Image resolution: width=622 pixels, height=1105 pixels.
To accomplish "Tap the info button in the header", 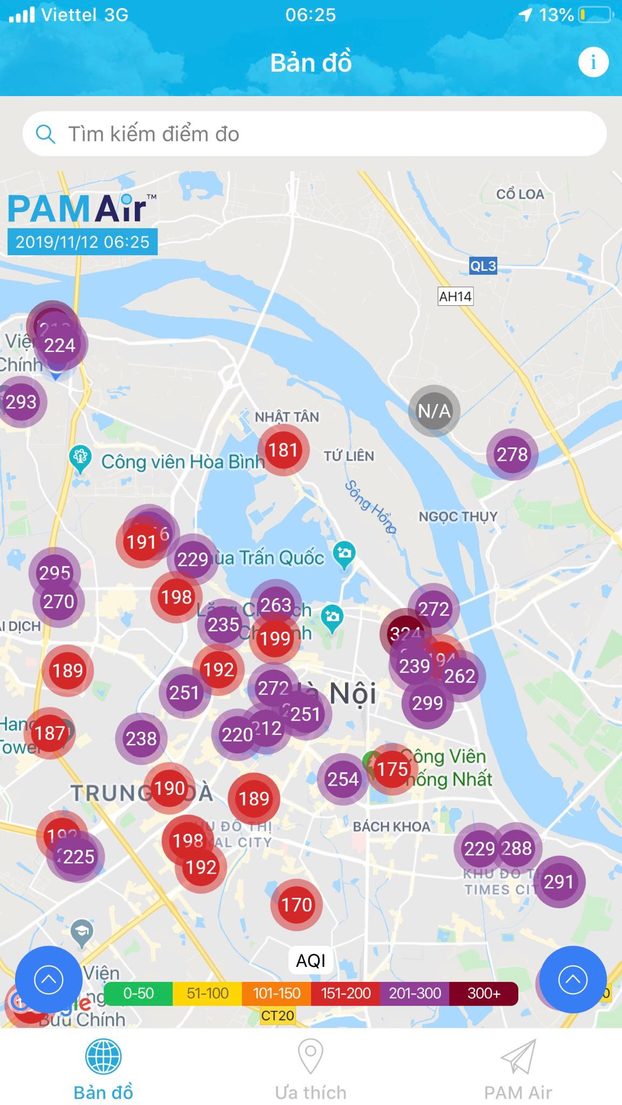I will (x=593, y=62).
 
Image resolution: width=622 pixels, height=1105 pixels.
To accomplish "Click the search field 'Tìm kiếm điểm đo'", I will (x=314, y=134).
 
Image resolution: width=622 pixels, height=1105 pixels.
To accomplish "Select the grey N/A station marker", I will (x=434, y=411).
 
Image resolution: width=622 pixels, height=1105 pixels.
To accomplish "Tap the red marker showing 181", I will (x=283, y=450).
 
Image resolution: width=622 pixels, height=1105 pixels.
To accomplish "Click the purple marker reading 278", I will (x=512, y=454).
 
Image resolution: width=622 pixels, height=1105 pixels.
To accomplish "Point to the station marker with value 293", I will (x=22, y=402).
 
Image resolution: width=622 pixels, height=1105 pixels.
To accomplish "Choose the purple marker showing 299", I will (x=428, y=703).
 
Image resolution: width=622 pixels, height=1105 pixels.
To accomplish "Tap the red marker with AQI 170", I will (x=296, y=905).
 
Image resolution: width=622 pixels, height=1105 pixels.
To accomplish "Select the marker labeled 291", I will (x=558, y=882).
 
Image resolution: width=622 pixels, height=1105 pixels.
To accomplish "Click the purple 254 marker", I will (x=343, y=779).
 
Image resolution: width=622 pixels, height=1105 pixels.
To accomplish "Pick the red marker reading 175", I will (x=393, y=769).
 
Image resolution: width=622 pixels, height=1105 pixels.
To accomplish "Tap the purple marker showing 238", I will (x=141, y=738).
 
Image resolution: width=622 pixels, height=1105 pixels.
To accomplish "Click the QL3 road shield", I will (x=483, y=266).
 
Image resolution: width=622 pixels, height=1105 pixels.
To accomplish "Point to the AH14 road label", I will (x=455, y=296).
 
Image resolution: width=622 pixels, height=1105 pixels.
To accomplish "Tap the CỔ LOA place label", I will (x=520, y=194).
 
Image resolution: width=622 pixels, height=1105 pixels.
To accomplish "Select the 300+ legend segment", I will (x=484, y=993).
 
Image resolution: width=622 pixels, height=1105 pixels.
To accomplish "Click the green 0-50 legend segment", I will (x=138, y=993).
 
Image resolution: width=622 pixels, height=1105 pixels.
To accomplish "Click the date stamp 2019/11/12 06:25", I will (x=82, y=242).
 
